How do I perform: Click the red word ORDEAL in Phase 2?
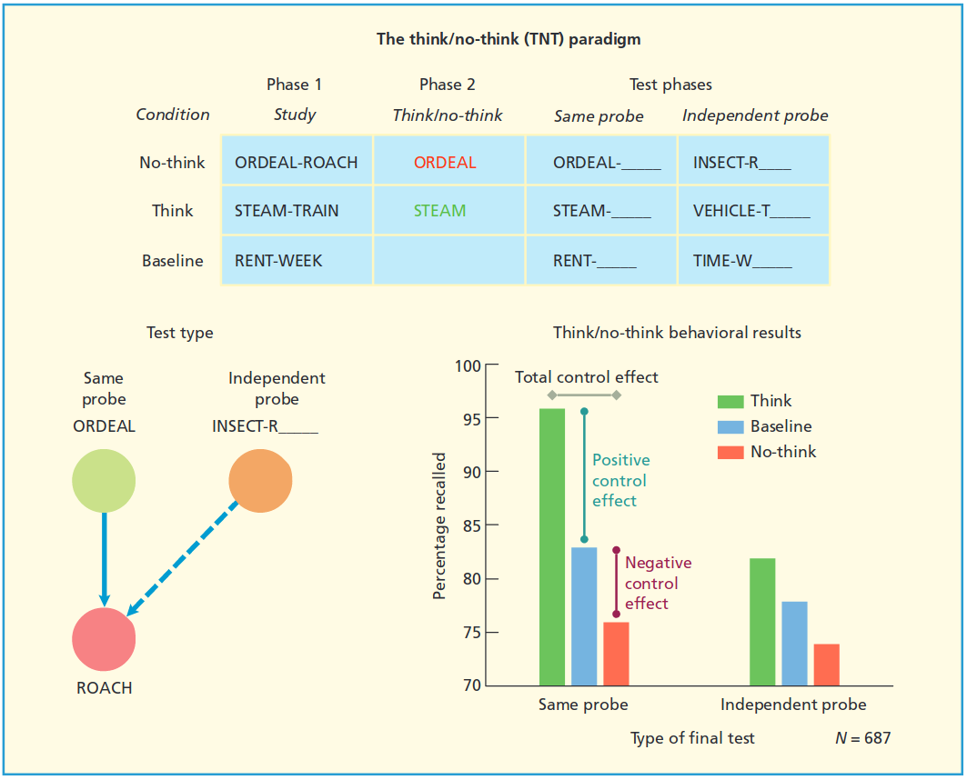pos(445,163)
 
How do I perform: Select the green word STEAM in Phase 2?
pos(439,211)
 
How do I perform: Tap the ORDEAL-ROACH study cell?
pos(296,163)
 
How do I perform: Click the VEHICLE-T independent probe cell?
pos(751,211)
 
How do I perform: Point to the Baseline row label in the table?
pos(173,261)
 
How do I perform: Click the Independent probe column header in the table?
pos(755,115)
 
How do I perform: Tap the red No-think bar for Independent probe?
pos(827,665)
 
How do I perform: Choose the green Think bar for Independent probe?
pos(762,622)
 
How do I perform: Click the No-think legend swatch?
pos(730,452)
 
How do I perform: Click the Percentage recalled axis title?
pos(440,525)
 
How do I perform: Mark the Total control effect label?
pos(586,377)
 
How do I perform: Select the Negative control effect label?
pos(657,583)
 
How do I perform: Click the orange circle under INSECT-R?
pos(260,481)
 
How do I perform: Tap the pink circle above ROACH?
pos(104,639)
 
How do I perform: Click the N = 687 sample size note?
pos(862,737)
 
